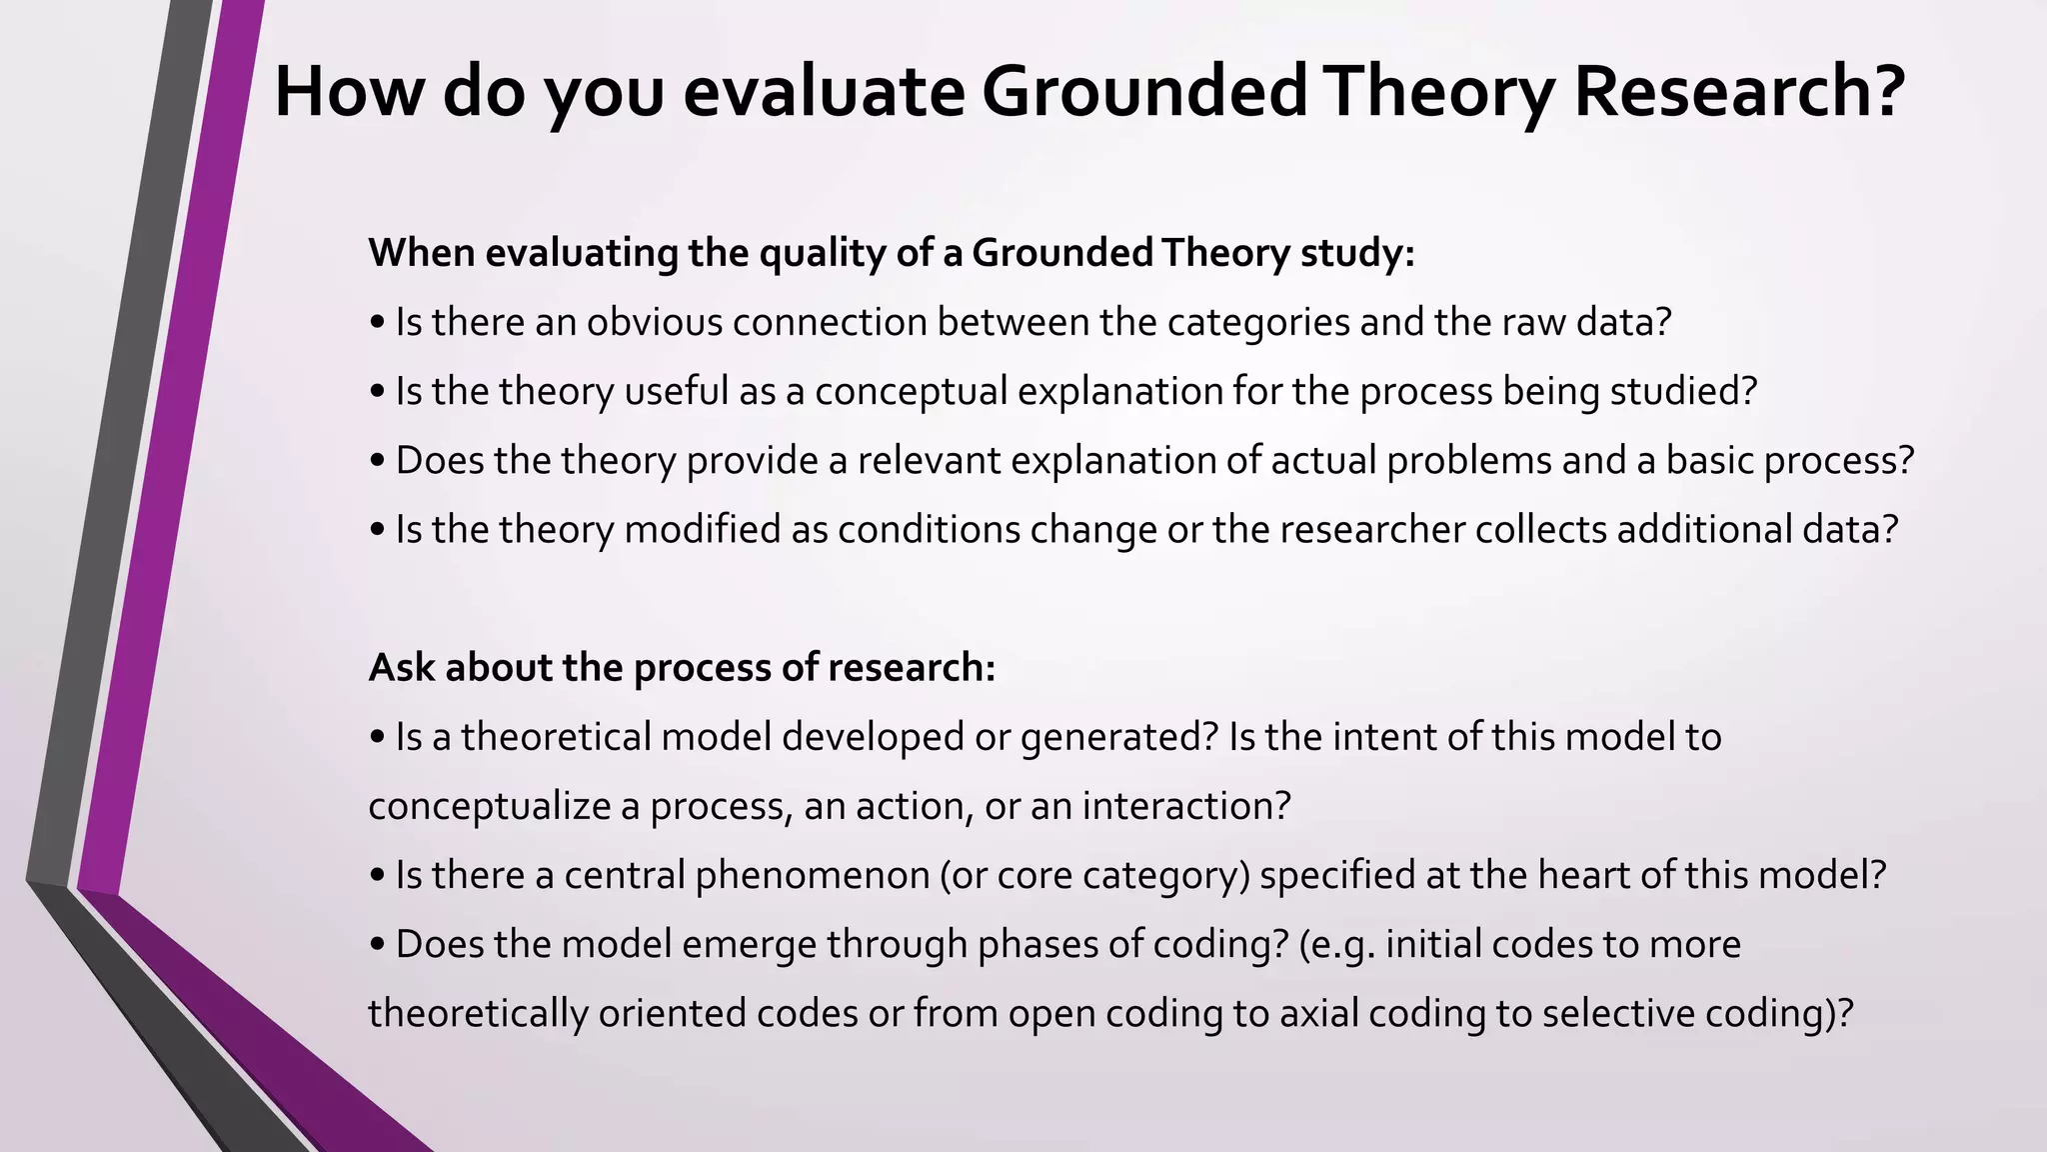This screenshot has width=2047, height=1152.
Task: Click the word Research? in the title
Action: tap(1739, 92)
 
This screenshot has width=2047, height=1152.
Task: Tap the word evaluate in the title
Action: tap(823, 92)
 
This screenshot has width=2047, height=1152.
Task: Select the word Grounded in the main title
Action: tap(1143, 92)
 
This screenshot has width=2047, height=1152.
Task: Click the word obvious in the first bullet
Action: tap(654, 323)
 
